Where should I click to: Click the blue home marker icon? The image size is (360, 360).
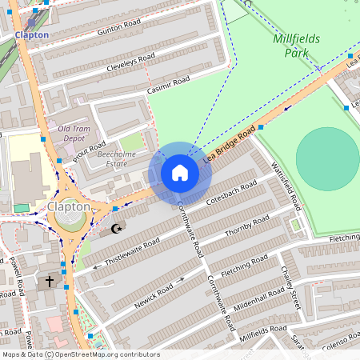[x=180, y=173]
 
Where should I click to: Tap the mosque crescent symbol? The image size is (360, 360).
[x=117, y=229]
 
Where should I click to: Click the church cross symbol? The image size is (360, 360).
[x=49, y=281]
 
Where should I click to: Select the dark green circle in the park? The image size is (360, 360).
[x=327, y=158]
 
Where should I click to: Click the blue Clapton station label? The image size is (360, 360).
[x=31, y=34]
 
